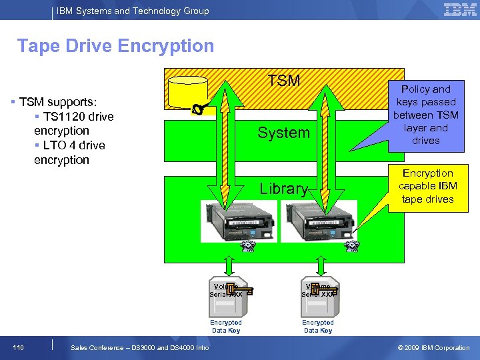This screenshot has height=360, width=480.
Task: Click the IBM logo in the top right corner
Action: coord(460,9)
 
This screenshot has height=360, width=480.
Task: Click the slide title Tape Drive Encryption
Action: coord(115,46)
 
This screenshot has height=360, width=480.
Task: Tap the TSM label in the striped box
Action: coord(284,81)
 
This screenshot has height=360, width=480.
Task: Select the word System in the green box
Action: coord(284,133)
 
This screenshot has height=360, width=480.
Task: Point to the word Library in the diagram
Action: coord(283,189)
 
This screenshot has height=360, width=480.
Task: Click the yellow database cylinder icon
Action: coord(188,93)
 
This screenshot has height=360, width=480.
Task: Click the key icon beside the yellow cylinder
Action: coord(199,109)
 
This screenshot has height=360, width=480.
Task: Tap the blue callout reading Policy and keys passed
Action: coord(426,115)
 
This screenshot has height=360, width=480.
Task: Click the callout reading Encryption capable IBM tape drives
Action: coord(427,186)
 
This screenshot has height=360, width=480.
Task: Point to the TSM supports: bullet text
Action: coord(57,102)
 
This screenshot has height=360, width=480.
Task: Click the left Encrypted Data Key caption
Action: coord(226,326)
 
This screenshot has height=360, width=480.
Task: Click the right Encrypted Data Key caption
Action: coord(317,326)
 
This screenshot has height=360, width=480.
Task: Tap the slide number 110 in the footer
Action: coord(18,348)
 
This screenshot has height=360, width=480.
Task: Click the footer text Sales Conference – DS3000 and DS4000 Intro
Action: coord(139,348)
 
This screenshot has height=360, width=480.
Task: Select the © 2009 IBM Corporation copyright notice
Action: coord(433,348)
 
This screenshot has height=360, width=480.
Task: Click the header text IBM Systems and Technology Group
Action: coord(133,11)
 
